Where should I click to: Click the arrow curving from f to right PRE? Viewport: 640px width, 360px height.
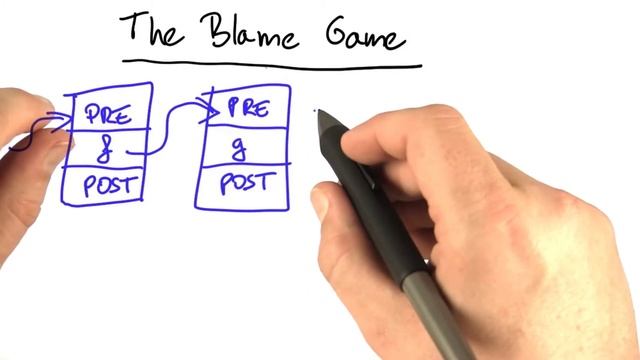click(x=172, y=118)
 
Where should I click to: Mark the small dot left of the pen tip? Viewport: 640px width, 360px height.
click(x=315, y=111)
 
